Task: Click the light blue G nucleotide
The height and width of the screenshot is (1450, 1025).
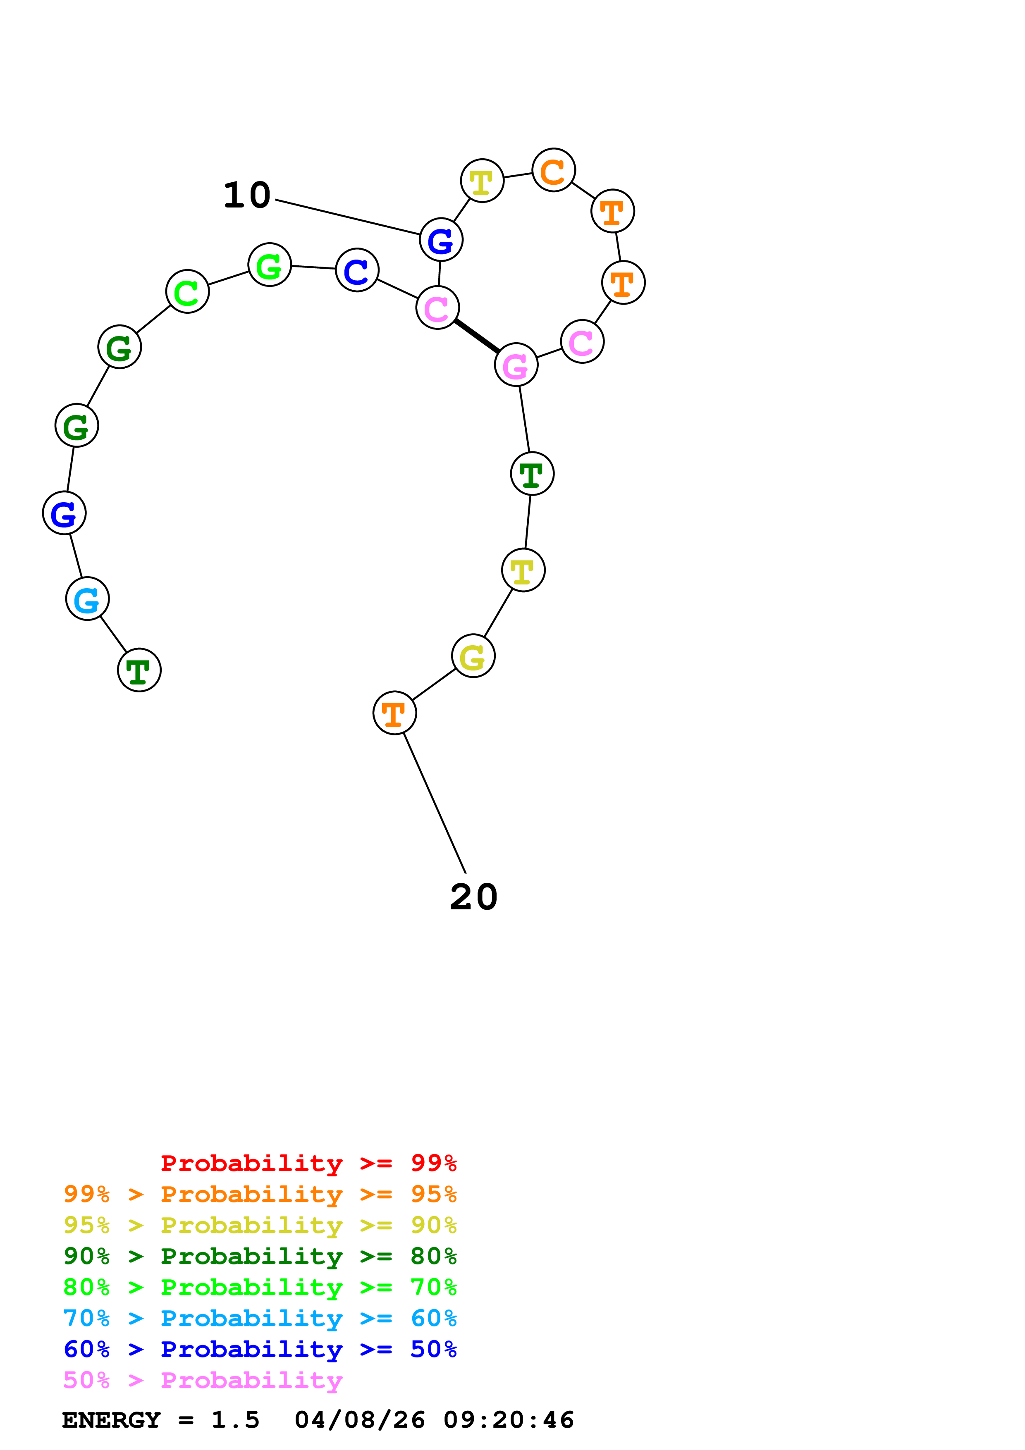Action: click(87, 599)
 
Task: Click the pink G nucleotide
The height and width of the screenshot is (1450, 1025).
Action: click(516, 365)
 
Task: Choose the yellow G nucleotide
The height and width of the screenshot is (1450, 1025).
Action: click(473, 656)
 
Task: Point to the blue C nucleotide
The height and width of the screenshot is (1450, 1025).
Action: click(357, 270)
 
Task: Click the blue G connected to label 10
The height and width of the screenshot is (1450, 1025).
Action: click(441, 240)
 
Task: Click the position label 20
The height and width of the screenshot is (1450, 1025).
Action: click(474, 897)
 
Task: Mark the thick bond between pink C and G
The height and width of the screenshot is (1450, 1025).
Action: click(477, 336)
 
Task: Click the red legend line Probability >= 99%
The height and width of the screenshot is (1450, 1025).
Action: click(308, 1163)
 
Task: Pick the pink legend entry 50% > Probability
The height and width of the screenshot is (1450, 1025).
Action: click(203, 1381)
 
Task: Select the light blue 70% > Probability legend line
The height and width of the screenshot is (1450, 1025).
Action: click(260, 1318)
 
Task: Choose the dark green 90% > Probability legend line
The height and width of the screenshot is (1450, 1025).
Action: click(260, 1256)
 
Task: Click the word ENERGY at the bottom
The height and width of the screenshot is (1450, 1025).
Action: click(111, 1420)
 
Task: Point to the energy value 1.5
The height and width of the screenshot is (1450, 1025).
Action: click(235, 1420)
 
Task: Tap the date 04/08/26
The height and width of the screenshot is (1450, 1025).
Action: click(360, 1420)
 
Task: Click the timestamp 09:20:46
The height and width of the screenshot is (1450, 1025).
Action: click(509, 1420)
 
